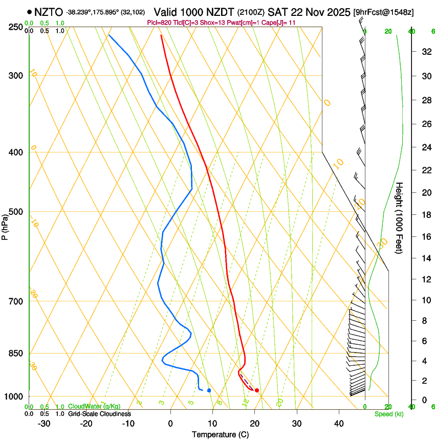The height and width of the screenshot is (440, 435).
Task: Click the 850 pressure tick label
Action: click(x=17, y=354)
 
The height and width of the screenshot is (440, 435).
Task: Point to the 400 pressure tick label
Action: click(x=17, y=152)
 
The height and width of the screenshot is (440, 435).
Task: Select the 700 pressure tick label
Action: click(x=17, y=301)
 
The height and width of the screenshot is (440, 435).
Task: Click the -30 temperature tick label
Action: click(x=44, y=424)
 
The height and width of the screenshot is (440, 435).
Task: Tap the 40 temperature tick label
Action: click(x=339, y=424)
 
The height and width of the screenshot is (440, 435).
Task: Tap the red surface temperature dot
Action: click(x=257, y=390)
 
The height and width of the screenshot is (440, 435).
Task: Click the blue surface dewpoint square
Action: click(x=209, y=390)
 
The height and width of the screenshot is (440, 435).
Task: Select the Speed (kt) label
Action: click(x=389, y=414)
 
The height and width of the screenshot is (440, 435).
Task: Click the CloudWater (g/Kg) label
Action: click(x=95, y=407)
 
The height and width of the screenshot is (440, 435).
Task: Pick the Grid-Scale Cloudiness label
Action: click(x=99, y=414)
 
